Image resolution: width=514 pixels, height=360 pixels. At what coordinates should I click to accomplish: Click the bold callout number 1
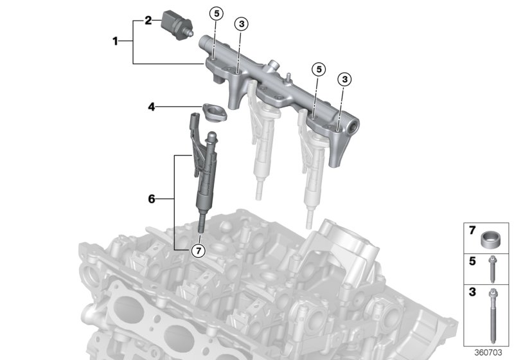tap(116, 41)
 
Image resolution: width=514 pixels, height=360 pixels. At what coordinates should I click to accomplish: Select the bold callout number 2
tap(148, 21)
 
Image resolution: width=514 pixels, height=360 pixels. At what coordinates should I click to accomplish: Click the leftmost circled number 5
tap(216, 13)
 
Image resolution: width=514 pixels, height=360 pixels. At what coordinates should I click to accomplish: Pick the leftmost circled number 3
tap(240, 24)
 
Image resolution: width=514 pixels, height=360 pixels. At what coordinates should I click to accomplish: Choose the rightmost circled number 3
tap(344, 79)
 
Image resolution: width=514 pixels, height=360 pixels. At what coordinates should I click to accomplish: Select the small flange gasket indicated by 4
tap(212, 113)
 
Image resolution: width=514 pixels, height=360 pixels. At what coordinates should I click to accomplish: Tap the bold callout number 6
tap(152, 199)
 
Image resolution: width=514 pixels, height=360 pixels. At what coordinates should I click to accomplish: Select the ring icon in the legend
tap(492, 240)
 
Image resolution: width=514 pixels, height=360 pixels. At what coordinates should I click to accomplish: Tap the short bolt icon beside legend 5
tap(492, 270)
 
